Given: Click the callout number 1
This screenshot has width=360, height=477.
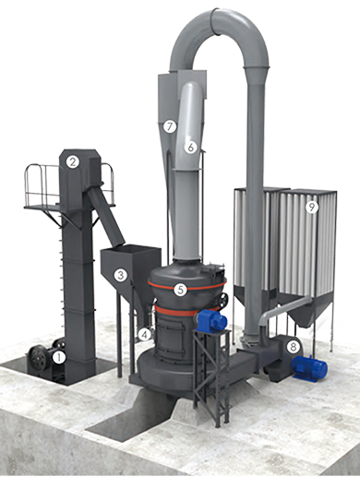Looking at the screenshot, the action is click(59, 358).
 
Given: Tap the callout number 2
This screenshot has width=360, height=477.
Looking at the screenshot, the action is click(73, 161).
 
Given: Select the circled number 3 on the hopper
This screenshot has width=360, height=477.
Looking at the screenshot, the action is click(120, 275).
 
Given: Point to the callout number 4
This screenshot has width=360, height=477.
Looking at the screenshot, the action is click(144, 334).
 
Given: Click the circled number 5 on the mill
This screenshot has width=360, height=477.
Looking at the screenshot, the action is click(180, 290).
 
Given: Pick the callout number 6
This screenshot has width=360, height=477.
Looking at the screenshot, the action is click(191, 147).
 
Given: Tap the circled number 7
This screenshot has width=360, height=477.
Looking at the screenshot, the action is click(170, 126).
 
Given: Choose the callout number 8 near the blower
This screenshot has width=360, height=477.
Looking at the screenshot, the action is click(293, 347).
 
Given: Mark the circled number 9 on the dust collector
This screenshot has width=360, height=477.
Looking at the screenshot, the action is click(312, 208).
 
